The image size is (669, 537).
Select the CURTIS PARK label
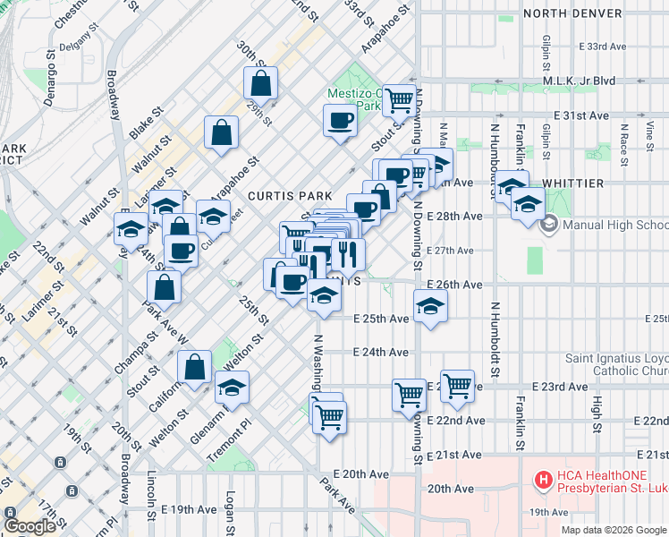(290, 196)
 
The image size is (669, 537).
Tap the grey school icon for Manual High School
(550, 225)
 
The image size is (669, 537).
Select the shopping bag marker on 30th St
(260, 84)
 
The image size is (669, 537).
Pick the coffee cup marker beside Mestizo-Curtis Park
(340, 119)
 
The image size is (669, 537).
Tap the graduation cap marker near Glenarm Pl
(232, 387)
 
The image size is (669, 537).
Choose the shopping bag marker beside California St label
(194, 366)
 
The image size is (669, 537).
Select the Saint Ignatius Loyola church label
(616, 365)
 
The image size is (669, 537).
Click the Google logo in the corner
(30, 526)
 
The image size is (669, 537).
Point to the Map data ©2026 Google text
(613, 530)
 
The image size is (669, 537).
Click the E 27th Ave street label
(454, 251)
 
